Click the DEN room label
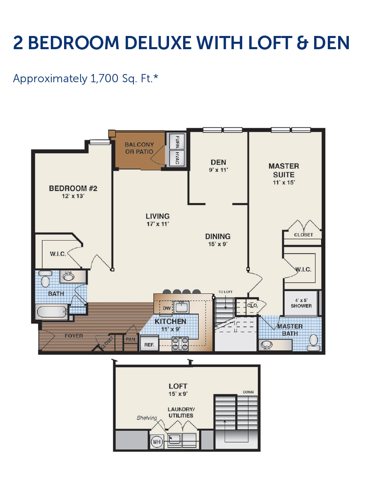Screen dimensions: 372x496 (x=218, y=162)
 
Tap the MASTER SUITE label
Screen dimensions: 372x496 (x=284, y=170)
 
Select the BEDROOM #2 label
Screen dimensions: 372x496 (x=73, y=188)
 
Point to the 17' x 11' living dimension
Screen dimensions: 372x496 (x=157, y=224)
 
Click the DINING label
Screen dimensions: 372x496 (x=218, y=236)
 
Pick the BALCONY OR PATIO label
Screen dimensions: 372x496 (x=139, y=148)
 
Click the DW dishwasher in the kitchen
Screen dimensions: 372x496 (x=167, y=308)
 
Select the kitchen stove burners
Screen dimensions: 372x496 (x=180, y=344)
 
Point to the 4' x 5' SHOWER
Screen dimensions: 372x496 (x=301, y=303)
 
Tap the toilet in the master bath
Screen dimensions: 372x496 (x=313, y=342)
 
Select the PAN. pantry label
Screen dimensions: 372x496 (x=131, y=339)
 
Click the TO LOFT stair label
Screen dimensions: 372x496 (x=225, y=292)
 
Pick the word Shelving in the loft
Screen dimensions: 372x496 (x=147, y=418)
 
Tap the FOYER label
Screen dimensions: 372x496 (x=74, y=336)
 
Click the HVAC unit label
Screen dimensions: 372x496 (x=177, y=158)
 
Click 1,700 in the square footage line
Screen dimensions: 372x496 (x=104, y=79)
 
